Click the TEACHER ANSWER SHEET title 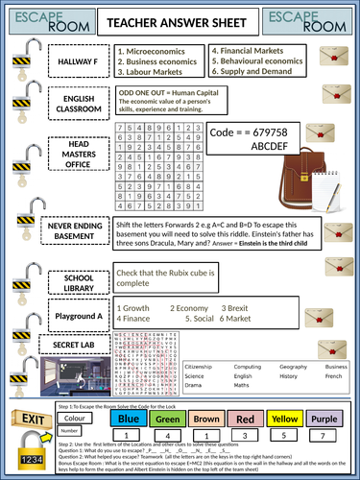[x=180, y=20]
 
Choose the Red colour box [x=273, y=419]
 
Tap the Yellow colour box [x=311, y=419]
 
